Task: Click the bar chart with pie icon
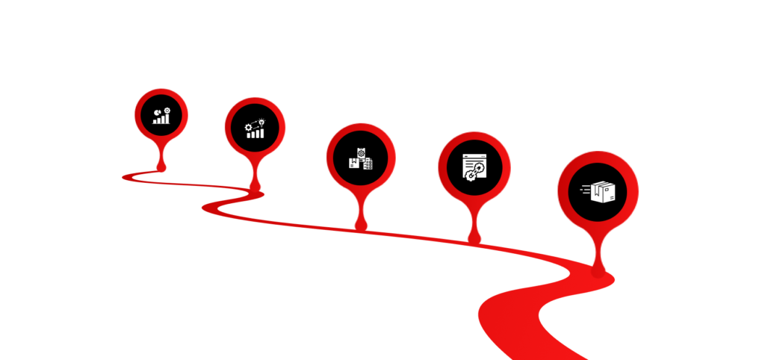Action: coord(161,115)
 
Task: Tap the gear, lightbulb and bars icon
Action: coord(255,128)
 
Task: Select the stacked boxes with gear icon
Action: coord(360,158)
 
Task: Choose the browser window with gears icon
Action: coord(474,167)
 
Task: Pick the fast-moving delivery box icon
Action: coord(598,193)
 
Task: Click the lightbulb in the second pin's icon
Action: coord(261,121)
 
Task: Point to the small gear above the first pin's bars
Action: coord(167,111)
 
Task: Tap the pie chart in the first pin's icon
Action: coord(158,112)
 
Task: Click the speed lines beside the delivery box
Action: coord(584,193)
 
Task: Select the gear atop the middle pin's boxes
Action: coord(361,152)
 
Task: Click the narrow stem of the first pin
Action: coord(161,155)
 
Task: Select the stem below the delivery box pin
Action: coord(598,250)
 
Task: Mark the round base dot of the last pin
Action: coord(598,270)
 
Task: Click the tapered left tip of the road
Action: coord(124,177)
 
